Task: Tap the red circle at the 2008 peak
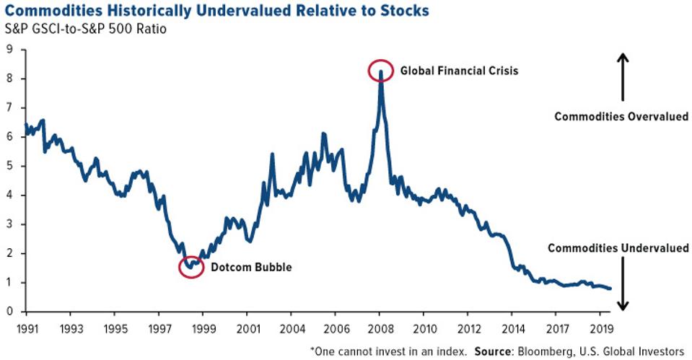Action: [x=380, y=71]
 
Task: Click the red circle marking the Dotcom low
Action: [x=191, y=267]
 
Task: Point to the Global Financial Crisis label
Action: [x=448, y=71]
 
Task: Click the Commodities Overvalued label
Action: [x=621, y=116]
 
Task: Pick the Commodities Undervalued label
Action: [x=618, y=248]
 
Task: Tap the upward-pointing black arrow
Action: [x=623, y=76]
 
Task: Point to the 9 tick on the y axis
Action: [x=9, y=50]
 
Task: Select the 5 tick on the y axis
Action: [x=9, y=166]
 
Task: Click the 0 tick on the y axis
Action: [x=9, y=312]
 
